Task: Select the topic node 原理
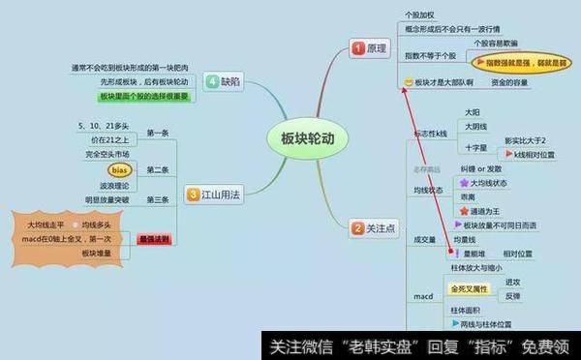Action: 371,46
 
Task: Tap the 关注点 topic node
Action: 373,227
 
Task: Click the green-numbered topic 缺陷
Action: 222,81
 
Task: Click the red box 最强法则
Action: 155,238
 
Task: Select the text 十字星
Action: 476,148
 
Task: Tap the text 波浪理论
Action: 115,184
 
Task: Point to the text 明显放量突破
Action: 107,199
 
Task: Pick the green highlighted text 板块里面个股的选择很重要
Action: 144,98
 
